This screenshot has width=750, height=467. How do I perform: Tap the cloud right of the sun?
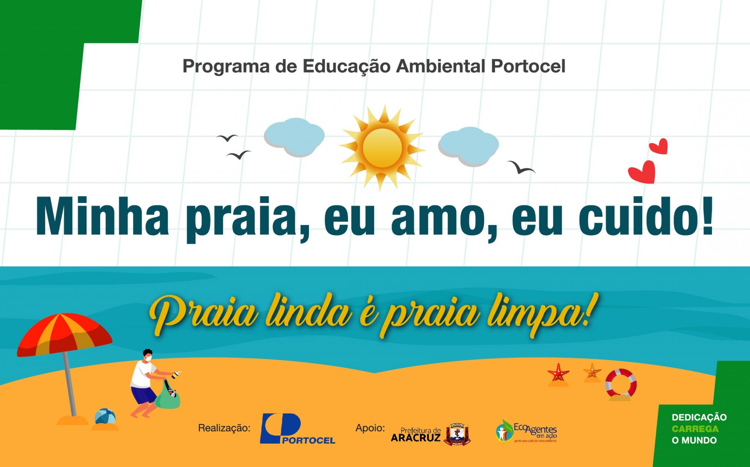click(x=468, y=146)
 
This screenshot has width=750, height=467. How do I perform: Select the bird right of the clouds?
click(x=521, y=167)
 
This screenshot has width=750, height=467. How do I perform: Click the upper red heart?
click(x=659, y=147)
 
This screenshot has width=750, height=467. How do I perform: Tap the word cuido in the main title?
click(x=637, y=218)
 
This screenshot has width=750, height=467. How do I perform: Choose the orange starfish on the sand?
click(x=592, y=371)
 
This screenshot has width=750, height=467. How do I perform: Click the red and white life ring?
click(x=621, y=382)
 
